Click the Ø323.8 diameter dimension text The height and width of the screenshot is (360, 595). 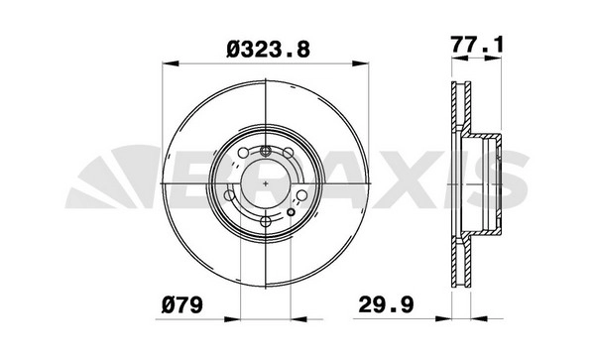[269, 50]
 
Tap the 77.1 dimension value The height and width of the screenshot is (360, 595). [477, 45]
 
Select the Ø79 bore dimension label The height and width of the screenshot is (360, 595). [182, 305]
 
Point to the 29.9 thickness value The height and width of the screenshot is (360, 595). [386, 305]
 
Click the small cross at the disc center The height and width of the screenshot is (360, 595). [265, 184]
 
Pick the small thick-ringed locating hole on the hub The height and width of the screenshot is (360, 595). [291, 212]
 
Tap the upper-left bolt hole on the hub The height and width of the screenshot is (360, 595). [243, 153]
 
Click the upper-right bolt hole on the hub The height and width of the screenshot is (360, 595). [288, 153]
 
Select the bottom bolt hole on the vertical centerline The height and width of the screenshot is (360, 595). [265, 221]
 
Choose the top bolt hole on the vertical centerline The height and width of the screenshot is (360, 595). [265, 152]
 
